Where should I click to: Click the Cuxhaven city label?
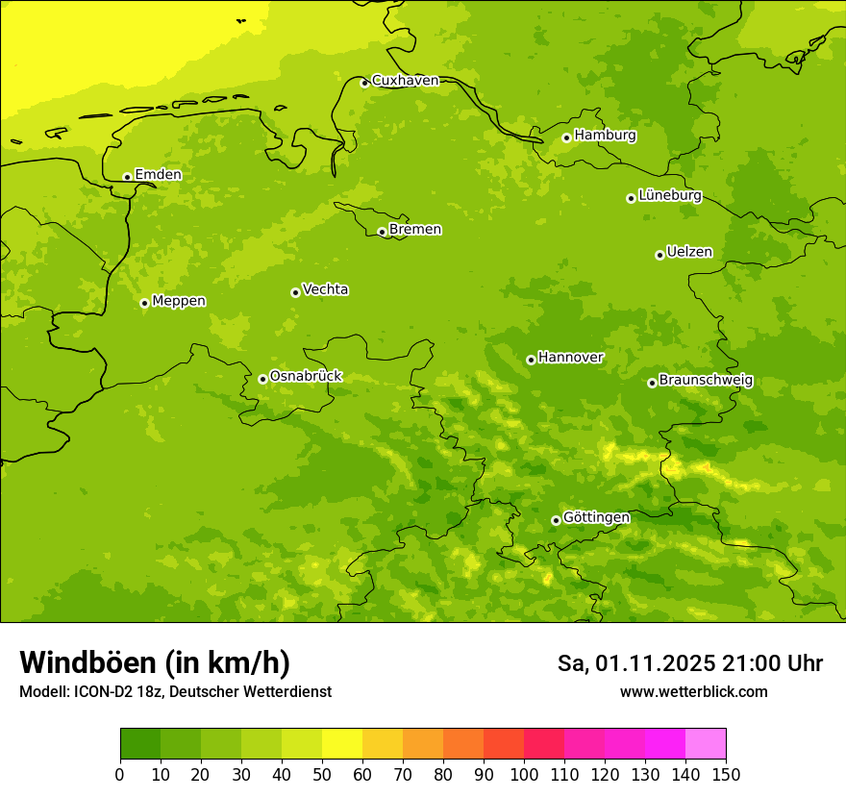[x=405, y=81]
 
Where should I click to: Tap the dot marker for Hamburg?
[x=566, y=137]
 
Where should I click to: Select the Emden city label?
[x=158, y=175]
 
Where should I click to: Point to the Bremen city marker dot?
[x=382, y=232]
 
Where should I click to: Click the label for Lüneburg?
[x=670, y=196]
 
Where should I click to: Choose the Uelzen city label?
[x=689, y=253]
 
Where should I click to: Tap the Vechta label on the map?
[x=325, y=290]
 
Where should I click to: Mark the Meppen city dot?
[x=144, y=303]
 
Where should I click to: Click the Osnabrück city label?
[x=306, y=377]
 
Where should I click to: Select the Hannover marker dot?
[x=531, y=360]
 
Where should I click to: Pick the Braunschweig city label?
[x=706, y=381]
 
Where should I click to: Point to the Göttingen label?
[x=596, y=518]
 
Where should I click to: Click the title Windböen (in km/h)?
[x=155, y=662]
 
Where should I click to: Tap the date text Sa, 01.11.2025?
[x=634, y=663]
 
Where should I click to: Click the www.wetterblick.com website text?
[x=693, y=691]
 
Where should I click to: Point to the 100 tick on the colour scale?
[x=524, y=774]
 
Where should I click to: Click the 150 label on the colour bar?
[x=726, y=774]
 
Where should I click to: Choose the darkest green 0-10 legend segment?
[x=140, y=744]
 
